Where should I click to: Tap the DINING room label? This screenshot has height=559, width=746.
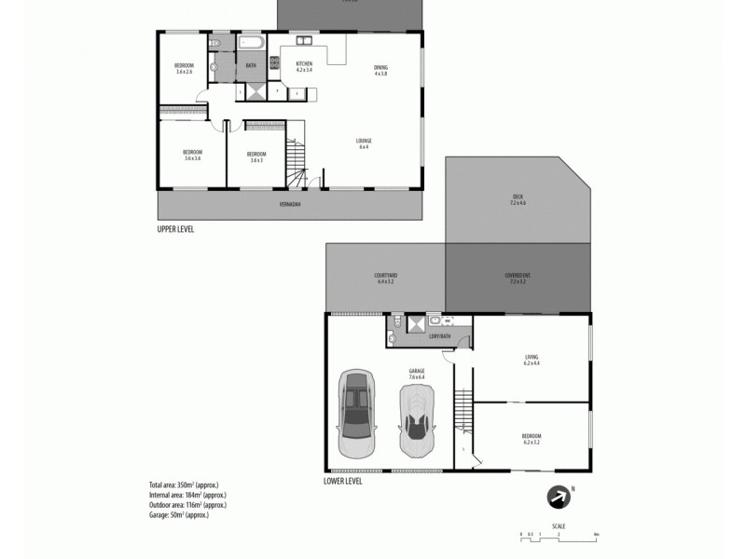tap(380, 69)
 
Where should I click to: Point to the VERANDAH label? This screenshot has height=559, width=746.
tap(290, 203)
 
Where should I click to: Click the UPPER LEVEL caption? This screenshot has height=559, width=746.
tap(175, 228)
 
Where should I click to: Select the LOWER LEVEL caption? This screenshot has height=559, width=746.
tap(342, 482)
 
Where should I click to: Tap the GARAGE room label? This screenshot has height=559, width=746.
tap(416, 374)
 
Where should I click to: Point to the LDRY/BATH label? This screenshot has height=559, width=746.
tap(439, 335)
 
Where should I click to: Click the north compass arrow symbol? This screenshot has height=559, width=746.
tap(558, 498)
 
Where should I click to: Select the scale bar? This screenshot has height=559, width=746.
tap(559, 533)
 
